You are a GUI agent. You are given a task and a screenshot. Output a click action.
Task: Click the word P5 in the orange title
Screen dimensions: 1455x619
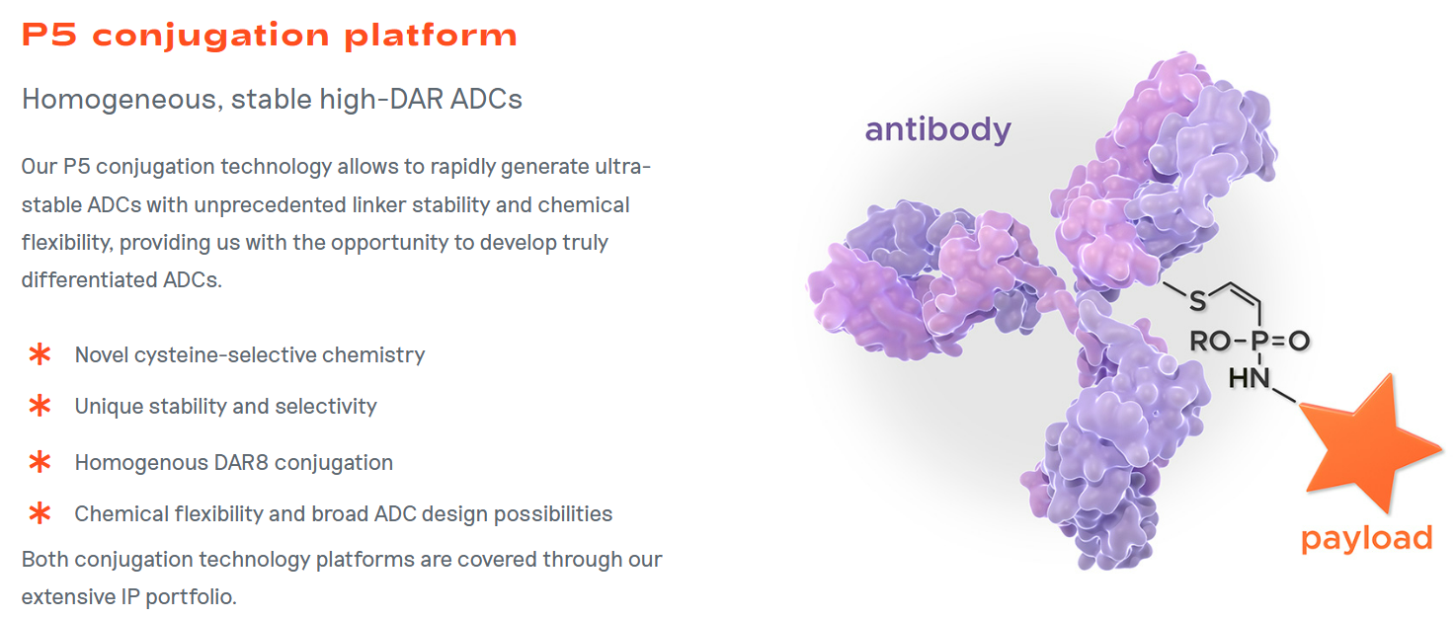(x=49, y=35)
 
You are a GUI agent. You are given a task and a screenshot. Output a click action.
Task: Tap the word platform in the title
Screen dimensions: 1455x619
(x=431, y=36)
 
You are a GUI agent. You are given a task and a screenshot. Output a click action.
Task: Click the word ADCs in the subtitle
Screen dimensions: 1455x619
(x=487, y=100)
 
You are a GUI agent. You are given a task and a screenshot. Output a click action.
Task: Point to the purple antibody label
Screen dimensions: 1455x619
(x=938, y=130)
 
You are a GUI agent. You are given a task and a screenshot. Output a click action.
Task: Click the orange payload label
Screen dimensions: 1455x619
(x=1367, y=538)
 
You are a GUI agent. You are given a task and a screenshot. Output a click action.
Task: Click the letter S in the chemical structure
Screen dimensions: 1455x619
(x=1197, y=301)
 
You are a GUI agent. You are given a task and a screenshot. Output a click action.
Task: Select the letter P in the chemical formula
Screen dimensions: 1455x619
(x=1259, y=341)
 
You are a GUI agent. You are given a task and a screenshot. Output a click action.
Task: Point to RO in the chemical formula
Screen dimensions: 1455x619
(x=1210, y=341)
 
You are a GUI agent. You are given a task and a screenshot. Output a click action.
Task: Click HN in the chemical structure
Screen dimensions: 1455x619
(x=1250, y=378)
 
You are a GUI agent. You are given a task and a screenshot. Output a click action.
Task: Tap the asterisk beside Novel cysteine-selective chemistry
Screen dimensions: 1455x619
(x=40, y=354)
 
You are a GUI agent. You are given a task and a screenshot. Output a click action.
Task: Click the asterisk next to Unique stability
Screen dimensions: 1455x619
(x=40, y=406)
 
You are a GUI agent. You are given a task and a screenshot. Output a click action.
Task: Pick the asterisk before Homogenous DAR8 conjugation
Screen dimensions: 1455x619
(x=40, y=462)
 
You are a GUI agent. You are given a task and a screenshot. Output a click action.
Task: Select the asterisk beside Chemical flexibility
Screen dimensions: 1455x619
(x=40, y=513)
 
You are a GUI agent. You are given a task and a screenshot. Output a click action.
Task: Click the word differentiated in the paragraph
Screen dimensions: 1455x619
(x=90, y=280)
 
